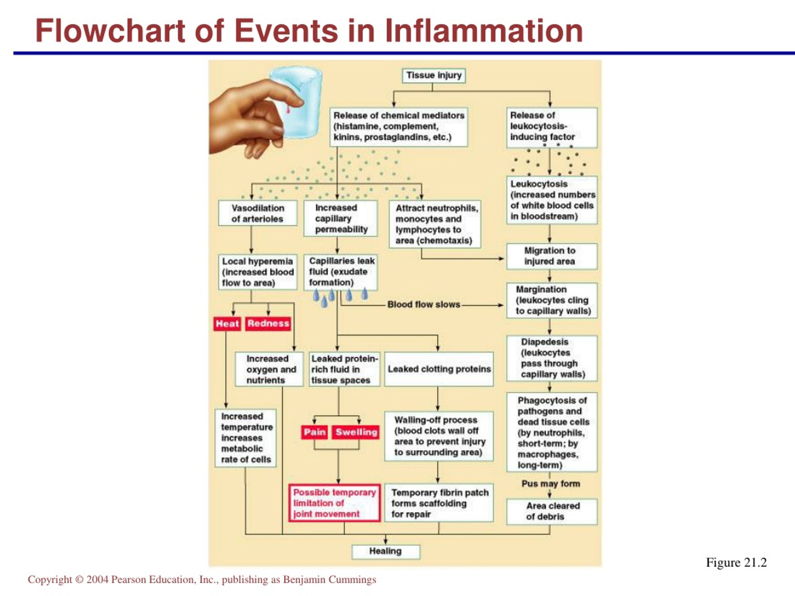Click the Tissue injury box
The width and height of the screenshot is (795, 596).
point(434,75)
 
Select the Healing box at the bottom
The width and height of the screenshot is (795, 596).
point(386,551)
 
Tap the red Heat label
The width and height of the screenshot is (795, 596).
point(227,324)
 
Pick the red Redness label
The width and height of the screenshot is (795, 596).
point(268,323)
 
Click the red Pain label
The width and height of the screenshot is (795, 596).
point(315,432)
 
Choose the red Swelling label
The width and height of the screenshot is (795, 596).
point(356,432)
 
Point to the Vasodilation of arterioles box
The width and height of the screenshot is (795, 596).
point(258,213)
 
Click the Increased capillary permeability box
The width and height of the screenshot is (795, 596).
point(341,219)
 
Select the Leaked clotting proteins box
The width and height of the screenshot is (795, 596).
point(439,369)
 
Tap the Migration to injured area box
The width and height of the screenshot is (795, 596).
point(552,256)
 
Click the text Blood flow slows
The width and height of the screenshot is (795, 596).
point(424,305)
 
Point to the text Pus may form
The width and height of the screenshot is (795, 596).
point(551,484)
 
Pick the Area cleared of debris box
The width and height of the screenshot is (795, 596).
point(552,511)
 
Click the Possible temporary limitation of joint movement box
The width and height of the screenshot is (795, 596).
point(334,503)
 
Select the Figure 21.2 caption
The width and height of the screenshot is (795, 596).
point(736,562)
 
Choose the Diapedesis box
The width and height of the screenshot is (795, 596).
point(552,358)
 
